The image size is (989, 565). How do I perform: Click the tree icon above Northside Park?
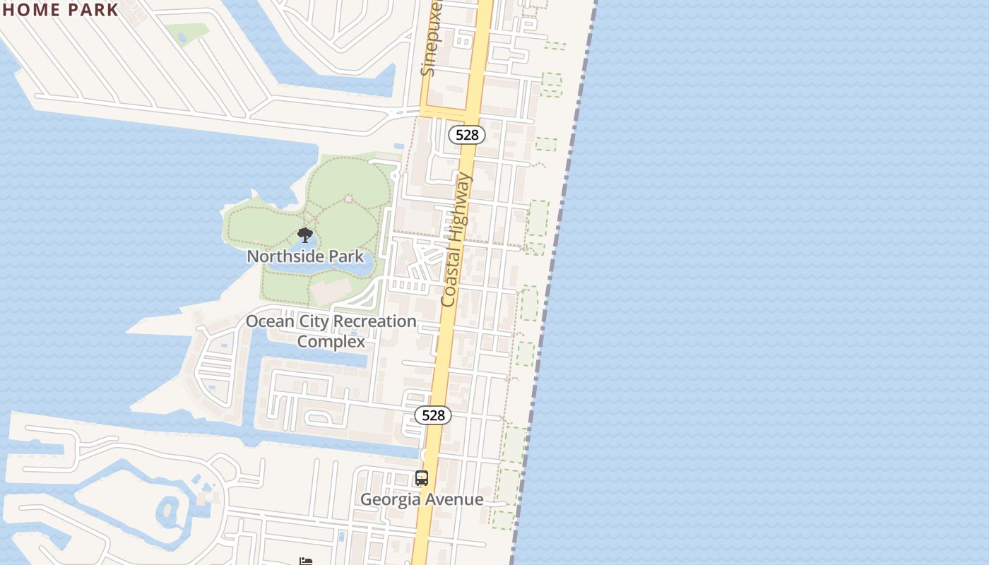(x=305, y=235)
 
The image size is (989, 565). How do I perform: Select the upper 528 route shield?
(x=467, y=135)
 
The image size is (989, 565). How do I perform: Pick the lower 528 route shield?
(x=433, y=415)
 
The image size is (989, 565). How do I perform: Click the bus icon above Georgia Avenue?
(x=422, y=478)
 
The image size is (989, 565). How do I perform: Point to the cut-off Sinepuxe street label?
(x=430, y=39)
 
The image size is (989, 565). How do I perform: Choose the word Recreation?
(x=374, y=321)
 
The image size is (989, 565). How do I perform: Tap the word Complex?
(x=331, y=342)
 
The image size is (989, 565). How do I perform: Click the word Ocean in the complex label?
(x=267, y=321)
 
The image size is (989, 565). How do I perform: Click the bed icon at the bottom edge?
(x=306, y=561)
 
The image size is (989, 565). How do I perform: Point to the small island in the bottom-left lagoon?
(x=168, y=511)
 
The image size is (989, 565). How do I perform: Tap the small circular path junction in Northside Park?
(x=348, y=199)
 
